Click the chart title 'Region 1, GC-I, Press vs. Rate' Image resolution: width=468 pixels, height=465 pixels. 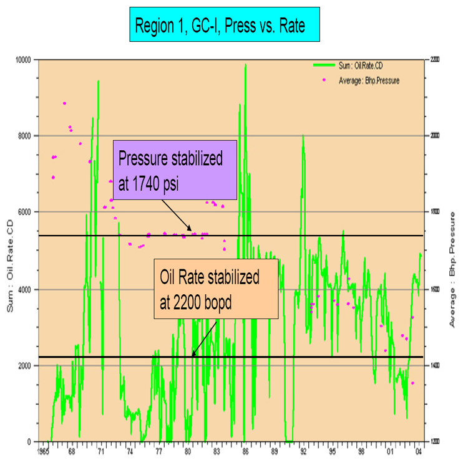click(x=224, y=24)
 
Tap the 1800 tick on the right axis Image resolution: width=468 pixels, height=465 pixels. click(x=433, y=212)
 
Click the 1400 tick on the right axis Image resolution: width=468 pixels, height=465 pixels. click(x=433, y=366)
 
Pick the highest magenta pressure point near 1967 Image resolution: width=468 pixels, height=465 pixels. click(x=64, y=103)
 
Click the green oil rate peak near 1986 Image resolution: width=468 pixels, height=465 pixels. click(x=246, y=65)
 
